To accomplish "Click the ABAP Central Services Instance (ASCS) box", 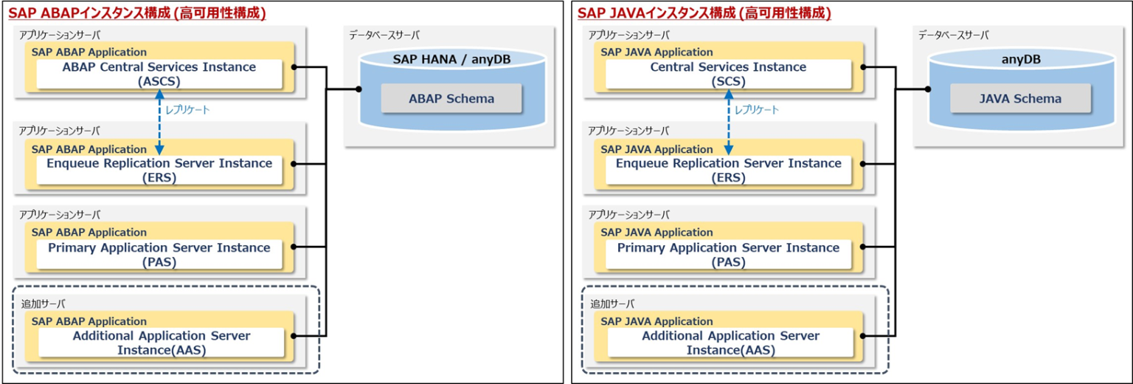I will point(159,74).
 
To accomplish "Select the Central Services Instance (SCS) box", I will point(729,74).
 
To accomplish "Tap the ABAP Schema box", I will point(451,98).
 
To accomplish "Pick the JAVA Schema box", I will point(1020,98).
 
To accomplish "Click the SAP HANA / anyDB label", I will point(452,59).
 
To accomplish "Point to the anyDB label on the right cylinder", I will point(1021,59).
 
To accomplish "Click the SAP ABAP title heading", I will point(137,13).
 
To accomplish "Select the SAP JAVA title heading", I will point(704,13).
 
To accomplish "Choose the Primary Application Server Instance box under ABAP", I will point(159,255).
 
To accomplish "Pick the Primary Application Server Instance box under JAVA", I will point(729,255).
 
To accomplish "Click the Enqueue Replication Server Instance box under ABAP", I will point(159,170).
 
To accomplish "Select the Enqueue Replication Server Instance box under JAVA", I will point(729,170).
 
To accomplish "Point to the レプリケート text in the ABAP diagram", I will point(187,110).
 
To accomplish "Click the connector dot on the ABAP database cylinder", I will point(359,89).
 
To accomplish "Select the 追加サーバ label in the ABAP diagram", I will point(41,304).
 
